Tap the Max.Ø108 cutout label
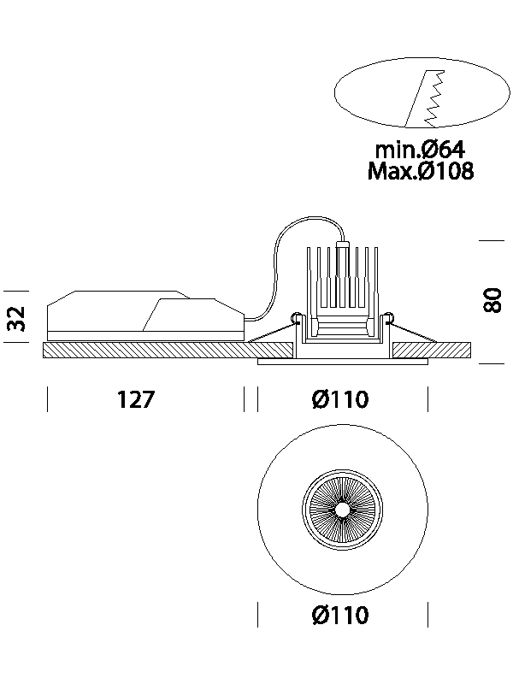420,171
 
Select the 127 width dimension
136,399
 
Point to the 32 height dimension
16,319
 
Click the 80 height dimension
492,301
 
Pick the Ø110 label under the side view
341,399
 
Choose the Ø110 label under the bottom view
341,615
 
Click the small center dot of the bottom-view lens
342,509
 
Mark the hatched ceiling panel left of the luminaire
145,351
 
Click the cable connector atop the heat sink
343,245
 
